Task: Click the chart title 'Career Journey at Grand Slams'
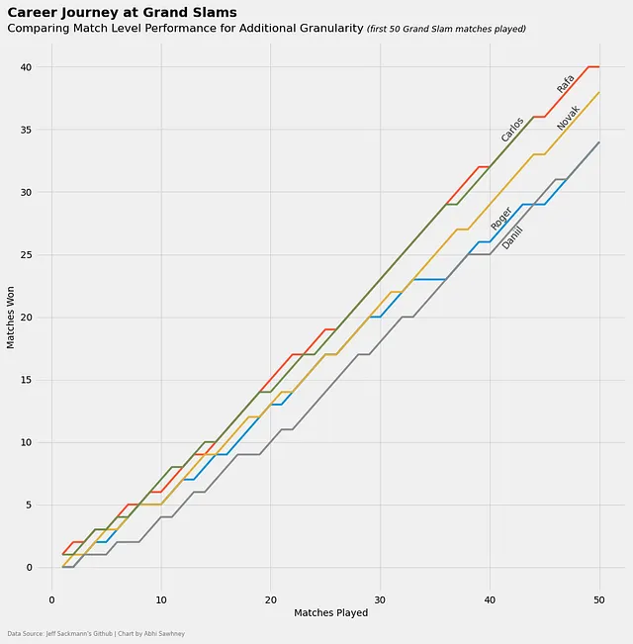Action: point(122,13)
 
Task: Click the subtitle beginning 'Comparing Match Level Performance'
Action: point(185,29)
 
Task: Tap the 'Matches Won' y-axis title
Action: point(11,316)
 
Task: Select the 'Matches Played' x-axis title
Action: point(330,613)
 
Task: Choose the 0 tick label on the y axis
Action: point(29,568)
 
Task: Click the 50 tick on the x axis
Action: point(598,599)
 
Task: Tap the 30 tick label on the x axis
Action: point(380,599)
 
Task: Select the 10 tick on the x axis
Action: point(161,599)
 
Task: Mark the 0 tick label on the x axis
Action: point(52,599)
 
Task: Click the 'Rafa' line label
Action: point(565,84)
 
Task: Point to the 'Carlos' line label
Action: point(511,130)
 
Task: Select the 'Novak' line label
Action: point(567,118)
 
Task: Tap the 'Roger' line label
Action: point(501,219)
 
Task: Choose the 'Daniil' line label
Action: point(511,237)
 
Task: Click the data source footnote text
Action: point(96,633)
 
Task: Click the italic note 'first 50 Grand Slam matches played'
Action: point(446,30)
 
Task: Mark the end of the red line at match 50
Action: point(598,67)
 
